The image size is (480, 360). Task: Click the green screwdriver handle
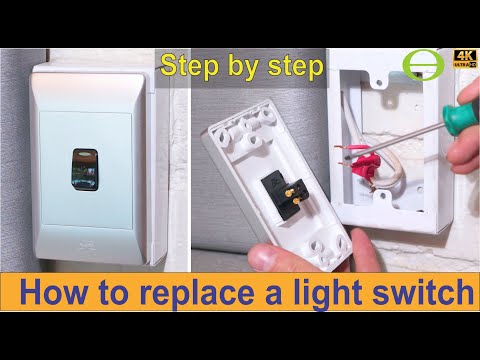(456, 113)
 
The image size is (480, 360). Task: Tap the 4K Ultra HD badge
(464, 59)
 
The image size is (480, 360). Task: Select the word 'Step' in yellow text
(189, 67)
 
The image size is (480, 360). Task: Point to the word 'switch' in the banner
(423, 291)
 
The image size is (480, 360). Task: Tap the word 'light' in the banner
(327, 293)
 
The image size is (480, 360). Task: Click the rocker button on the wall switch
(85, 170)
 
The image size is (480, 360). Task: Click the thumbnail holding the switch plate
(266, 257)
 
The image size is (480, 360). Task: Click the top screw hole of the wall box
(379, 82)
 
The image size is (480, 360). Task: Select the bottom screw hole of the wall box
(382, 196)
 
